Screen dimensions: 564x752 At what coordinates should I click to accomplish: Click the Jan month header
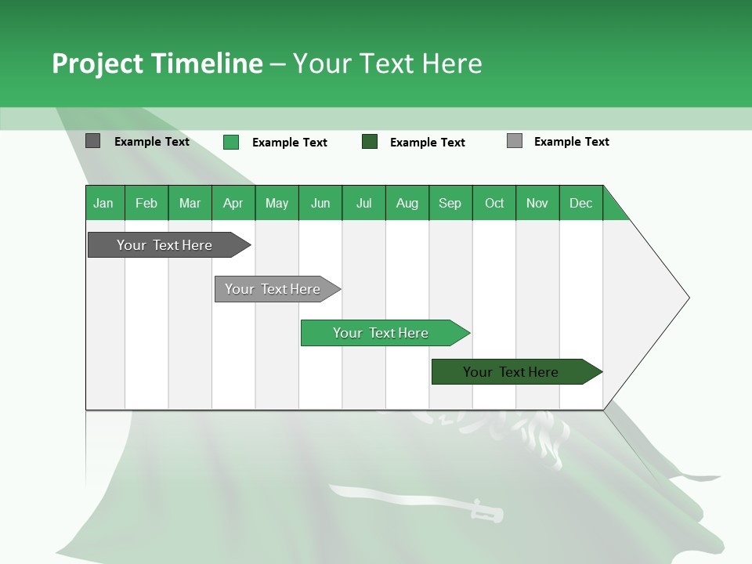103,203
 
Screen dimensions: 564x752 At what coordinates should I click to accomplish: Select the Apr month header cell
233,203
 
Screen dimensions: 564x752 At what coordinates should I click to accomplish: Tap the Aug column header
407,203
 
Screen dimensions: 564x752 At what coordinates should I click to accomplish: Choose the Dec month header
580,203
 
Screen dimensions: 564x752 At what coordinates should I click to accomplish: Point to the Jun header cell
320,203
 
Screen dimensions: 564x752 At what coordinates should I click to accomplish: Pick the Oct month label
493,203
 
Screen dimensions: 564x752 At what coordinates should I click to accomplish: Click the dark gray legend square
92,141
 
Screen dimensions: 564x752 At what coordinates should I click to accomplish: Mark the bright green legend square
230,142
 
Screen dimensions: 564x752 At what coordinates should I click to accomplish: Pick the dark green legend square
370,142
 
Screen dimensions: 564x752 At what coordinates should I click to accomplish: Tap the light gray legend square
514,141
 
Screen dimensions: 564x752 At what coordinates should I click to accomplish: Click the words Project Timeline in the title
157,63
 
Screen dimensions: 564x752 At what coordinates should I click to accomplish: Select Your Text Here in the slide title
387,63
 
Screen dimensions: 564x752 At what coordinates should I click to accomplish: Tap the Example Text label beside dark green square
427,143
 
